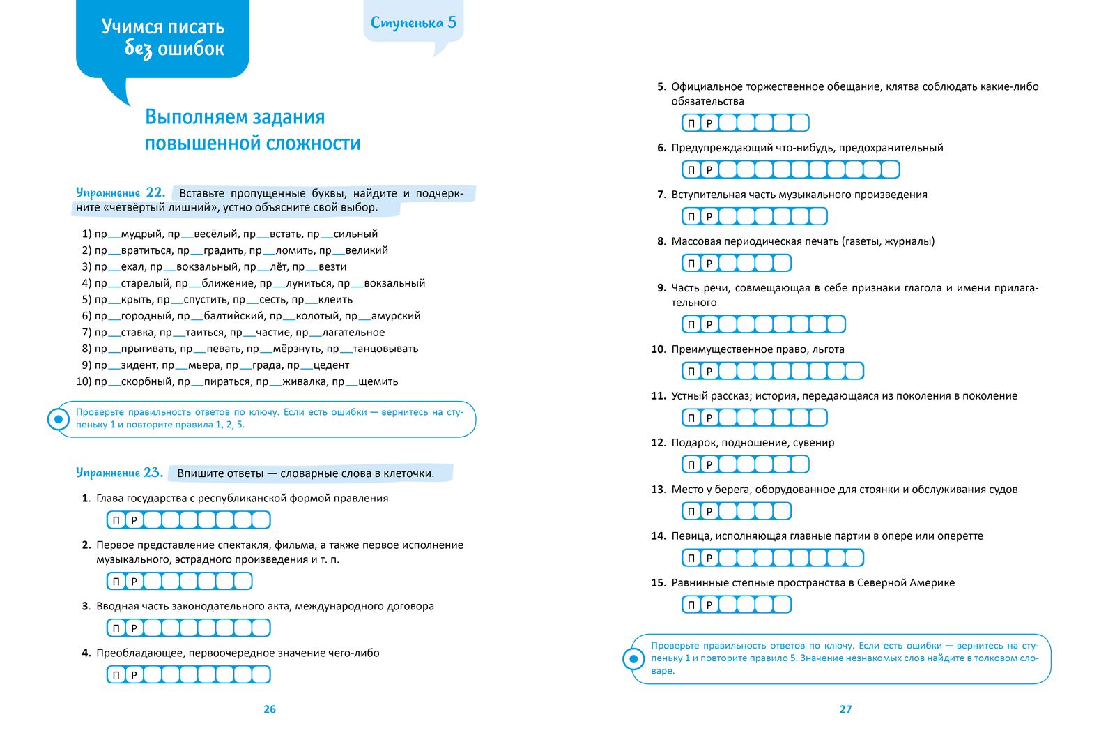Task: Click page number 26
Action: pyautogui.click(x=270, y=709)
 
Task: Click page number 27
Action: pyautogui.click(x=845, y=709)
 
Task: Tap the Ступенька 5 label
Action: pyautogui.click(x=413, y=22)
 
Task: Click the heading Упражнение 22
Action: pyautogui.click(x=120, y=192)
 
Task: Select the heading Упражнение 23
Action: pyautogui.click(x=119, y=473)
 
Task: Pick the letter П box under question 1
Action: pyautogui.click(x=116, y=520)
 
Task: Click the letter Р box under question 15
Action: pyautogui.click(x=709, y=605)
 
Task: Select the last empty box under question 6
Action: pyautogui.click(x=890, y=169)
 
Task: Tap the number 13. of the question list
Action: pyautogui.click(x=659, y=490)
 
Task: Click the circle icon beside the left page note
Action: pyautogui.click(x=58, y=419)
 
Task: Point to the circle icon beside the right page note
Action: pyautogui.click(x=633, y=658)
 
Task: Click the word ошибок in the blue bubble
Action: pyautogui.click(x=191, y=49)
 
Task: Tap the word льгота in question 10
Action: pyautogui.click(x=828, y=349)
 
